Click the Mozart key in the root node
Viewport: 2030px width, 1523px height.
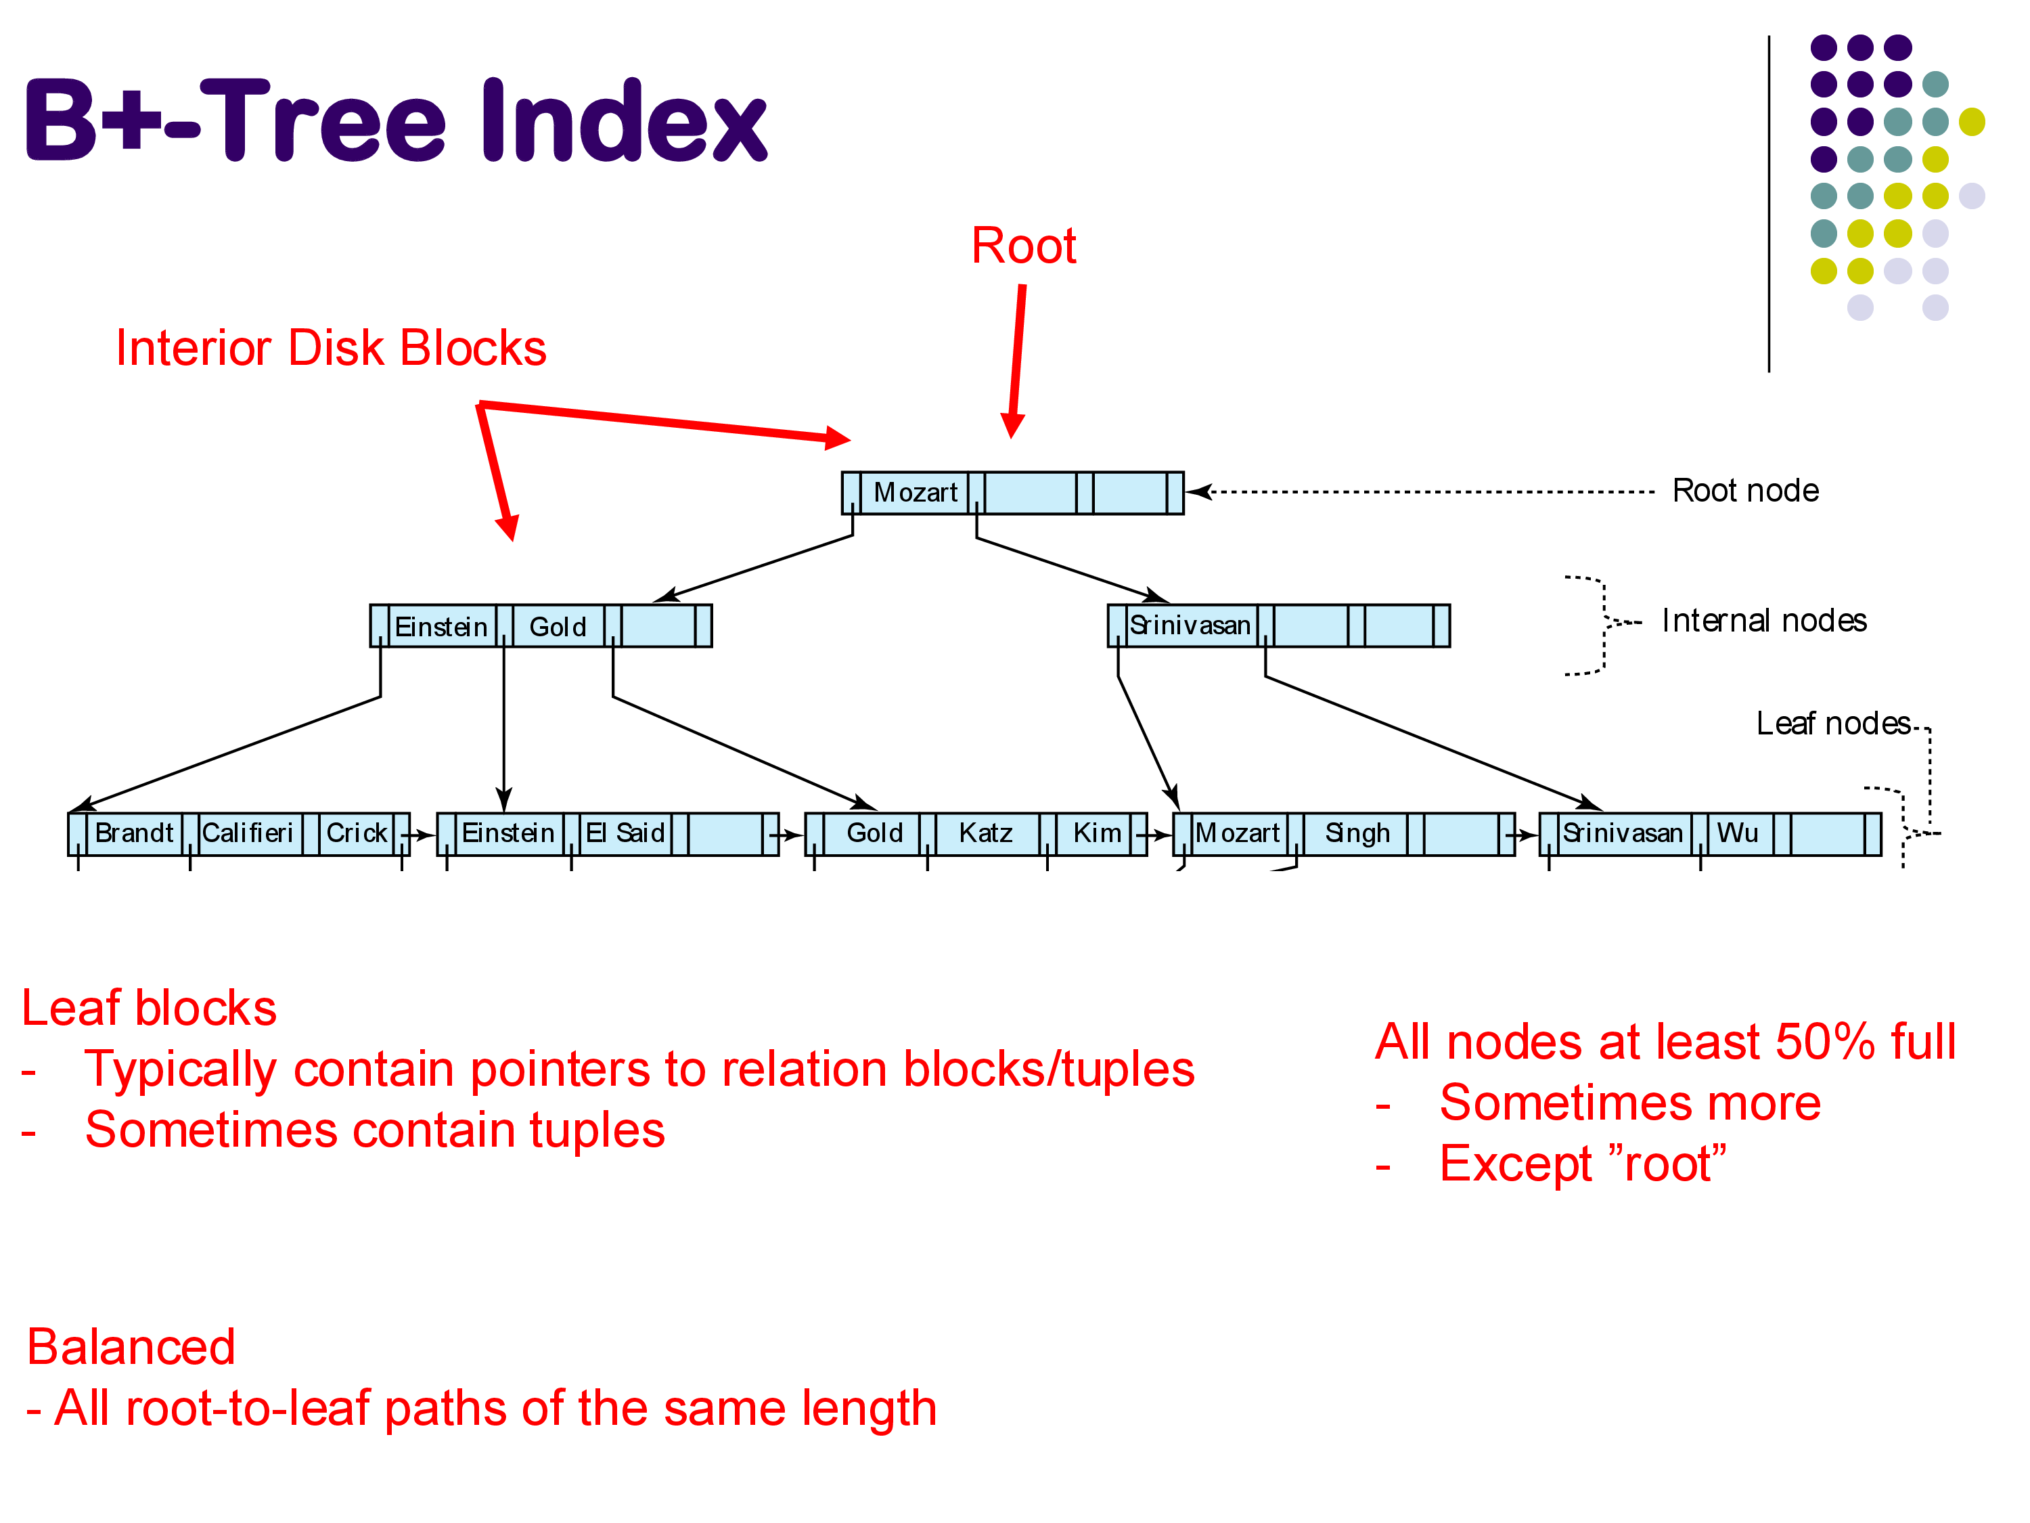pos(915,493)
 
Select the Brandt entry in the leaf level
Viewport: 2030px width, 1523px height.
pos(134,833)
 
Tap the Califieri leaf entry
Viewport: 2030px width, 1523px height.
pos(248,833)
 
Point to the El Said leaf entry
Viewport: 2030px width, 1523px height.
pos(625,833)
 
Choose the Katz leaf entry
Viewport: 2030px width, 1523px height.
pos(986,833)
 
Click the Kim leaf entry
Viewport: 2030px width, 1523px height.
pos(1097,833)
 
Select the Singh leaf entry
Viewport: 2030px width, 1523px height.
pos(1357,833)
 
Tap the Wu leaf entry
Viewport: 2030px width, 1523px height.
pos(1737,833)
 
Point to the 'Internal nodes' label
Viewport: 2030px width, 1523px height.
pos(1764,621)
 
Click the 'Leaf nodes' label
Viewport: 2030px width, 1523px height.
pos(1832,724)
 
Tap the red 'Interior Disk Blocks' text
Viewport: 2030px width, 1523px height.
pos(330,349)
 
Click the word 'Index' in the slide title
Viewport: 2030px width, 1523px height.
pos(624,121)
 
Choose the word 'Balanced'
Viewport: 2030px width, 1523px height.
pos(131,1348)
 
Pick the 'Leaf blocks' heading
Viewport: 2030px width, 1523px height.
pos(149,1008)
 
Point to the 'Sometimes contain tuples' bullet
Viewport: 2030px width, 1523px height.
pos(374,1130)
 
